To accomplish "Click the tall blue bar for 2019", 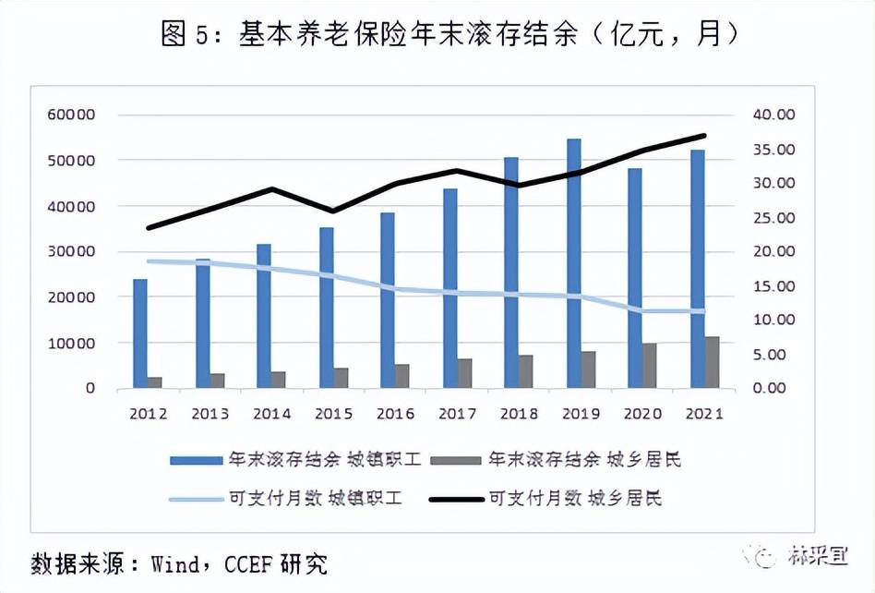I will click(x=574, y=263).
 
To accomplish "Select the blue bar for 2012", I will click(x=140, y=333).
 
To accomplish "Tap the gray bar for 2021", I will click(x=713, y=362).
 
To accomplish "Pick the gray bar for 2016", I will click(x=402, y=376).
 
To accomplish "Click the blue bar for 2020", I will click(x=635, y=277).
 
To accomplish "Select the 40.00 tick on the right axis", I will click(x=773, y=115).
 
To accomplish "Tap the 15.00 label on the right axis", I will click(x=773, y=286).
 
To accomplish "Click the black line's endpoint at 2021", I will click(x=704, y=136).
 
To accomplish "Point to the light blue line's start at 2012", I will click(x=148, y=261).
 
